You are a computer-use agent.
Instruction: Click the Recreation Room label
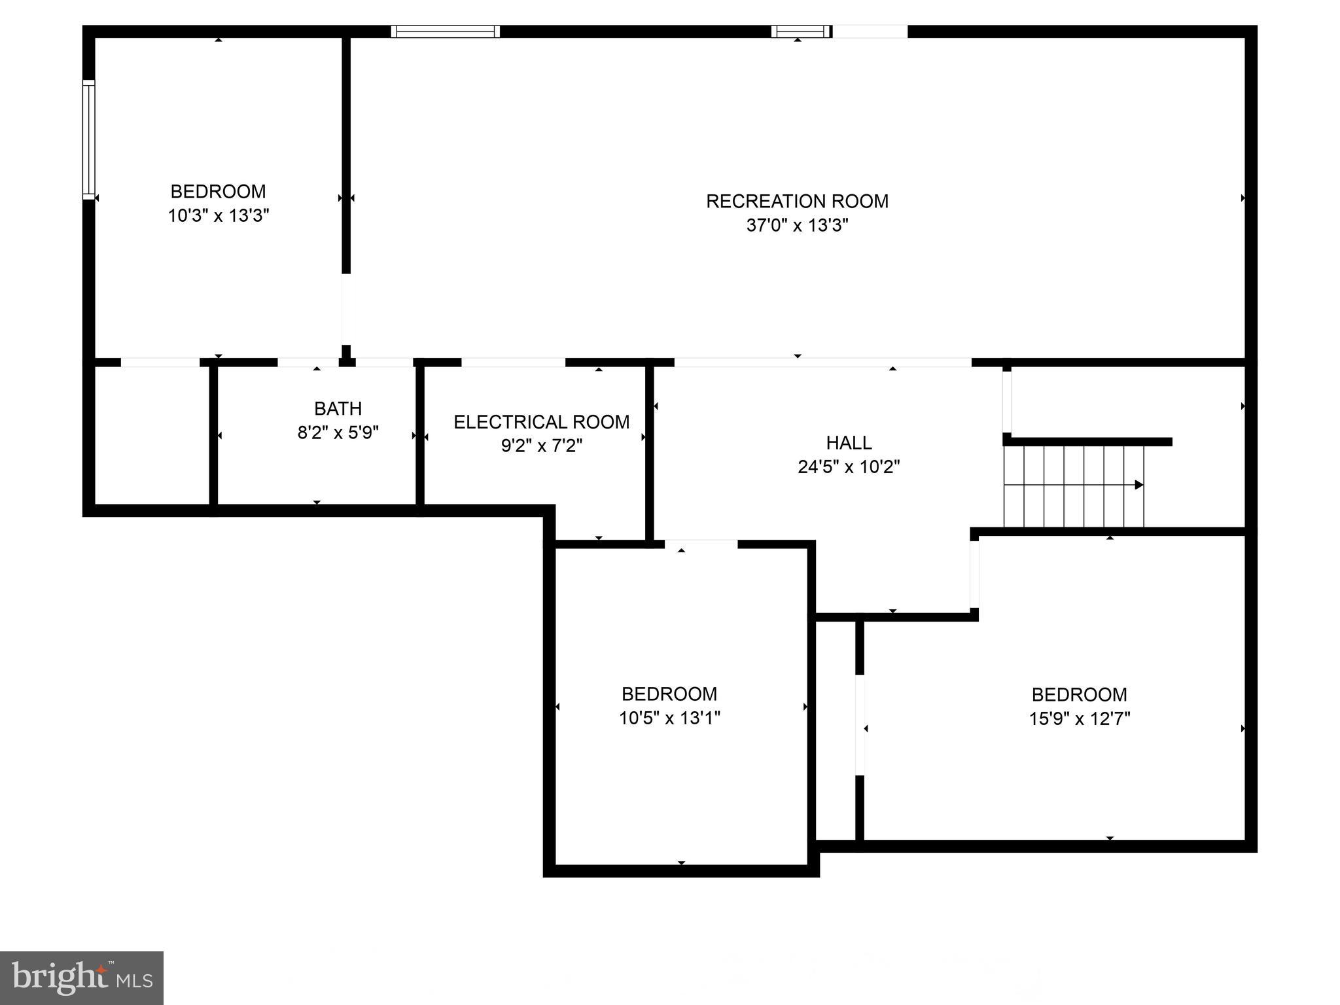(797, 201)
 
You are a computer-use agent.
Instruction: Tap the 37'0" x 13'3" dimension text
(797, 226)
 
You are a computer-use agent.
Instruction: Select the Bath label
(338, 409)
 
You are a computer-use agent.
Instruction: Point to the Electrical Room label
(541, 422)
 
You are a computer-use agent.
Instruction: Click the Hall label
(849, 443)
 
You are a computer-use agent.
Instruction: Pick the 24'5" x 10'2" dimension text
(849, 467)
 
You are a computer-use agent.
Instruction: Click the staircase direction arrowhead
(1138, 485)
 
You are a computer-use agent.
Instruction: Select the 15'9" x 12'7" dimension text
(1079, 719)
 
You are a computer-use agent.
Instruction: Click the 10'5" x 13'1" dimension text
(669, 718)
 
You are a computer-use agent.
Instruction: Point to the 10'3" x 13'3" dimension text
(219, 216)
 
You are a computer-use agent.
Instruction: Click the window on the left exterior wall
(88, 139)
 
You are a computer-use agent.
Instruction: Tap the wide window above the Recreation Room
(446, 31)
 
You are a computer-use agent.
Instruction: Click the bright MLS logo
(81, 978)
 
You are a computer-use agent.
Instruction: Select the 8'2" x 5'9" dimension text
(338, 433)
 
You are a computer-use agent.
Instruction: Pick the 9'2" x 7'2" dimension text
(541, 446)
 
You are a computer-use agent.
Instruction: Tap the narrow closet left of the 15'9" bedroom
(836, 730)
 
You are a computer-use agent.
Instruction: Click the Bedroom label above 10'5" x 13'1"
(669, 694)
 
